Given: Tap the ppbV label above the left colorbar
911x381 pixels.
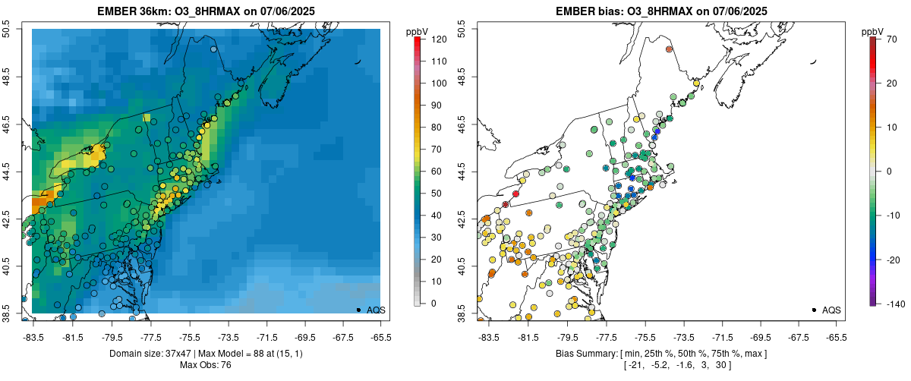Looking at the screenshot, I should (416, 32).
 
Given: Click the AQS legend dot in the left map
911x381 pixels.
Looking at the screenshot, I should (358, 310).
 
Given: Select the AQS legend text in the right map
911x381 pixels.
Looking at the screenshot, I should (832, 310).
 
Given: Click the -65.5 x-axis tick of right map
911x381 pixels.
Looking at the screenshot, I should (836, 337).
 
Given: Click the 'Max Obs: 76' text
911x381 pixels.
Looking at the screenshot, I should (206, 365).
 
